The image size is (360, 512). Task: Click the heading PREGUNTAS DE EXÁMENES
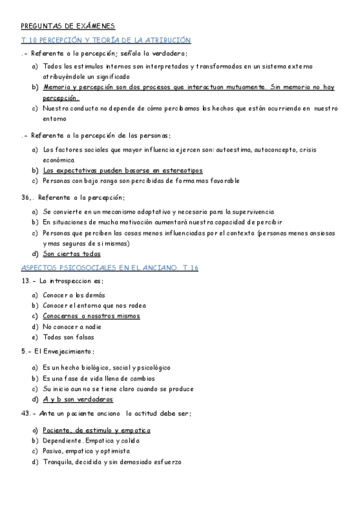click(68, 26)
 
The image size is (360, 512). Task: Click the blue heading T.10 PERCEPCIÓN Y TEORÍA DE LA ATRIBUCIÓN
click(106, 40)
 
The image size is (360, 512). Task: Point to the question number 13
click(26, 281)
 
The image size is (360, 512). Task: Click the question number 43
click(26, 414)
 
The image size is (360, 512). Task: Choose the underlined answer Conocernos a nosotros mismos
click(91, 316)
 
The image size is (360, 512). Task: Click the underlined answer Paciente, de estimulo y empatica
click(97, 430)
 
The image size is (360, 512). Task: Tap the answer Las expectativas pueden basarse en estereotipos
click(123, 171)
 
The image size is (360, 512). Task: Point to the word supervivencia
click(249, 212)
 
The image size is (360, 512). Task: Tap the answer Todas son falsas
click(68, 337)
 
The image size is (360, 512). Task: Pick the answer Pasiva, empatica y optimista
click(86, 451)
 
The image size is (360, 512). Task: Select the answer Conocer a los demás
click(74, 295)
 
